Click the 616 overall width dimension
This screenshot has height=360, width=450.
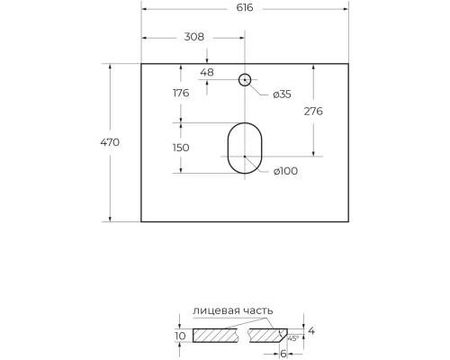pyautogui.click(x=245, y=7)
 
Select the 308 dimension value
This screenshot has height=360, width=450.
pyautogui.click(x=193, y=37)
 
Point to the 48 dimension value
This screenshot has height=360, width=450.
pyautogui.click(x=207, y=72)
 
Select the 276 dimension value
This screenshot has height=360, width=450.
pyautogui.click(x=313, y=111)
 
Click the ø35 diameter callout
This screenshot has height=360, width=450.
pyautogui.click(x=282, y=94)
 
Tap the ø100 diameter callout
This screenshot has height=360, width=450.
pyautogui.click(x=284, y=172)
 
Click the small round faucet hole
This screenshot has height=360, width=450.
pyautogui.click(x=244, y=79)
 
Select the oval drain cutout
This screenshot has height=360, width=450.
pyautogui.click(x=244, y=148)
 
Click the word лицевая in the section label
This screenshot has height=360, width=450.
pyautogui.click(x=215, y=310)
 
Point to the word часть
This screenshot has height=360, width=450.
pyautogui.click(x=256, y=310)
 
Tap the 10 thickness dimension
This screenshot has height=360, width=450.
pyautogui.click(x=180, y=336)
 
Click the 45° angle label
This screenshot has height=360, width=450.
pyautogui.click(x=292, y=338)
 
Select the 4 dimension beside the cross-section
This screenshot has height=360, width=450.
pyautogui.click(x=312, y=331)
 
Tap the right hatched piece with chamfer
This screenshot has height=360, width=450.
pyautogui.click(x=270, y=336)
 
